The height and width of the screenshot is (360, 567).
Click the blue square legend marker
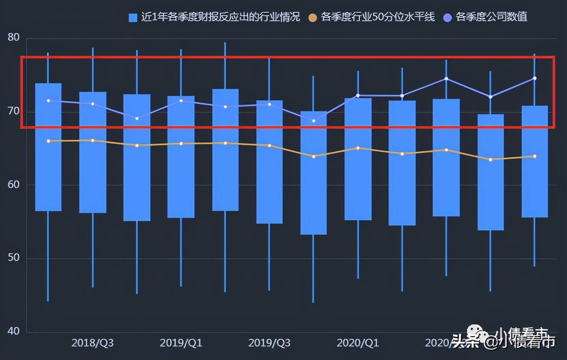133,17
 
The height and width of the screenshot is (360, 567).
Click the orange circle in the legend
313,17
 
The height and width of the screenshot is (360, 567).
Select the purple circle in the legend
447,17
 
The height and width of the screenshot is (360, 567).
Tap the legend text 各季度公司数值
491,17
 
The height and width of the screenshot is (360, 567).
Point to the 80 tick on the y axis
14,37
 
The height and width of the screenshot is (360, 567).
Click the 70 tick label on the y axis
14,111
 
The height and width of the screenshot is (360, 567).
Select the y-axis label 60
14,185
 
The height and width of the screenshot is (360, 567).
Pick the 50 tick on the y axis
14,258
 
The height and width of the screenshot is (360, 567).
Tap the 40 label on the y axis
14,331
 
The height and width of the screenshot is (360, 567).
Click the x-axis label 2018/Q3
92,343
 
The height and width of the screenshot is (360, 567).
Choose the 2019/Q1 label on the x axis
181,343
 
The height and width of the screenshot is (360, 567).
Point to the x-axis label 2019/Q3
270,343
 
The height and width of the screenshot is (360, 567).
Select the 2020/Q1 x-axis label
358,343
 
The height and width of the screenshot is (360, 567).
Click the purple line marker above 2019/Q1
181,101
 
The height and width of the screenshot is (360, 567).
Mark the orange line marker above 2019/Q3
270,145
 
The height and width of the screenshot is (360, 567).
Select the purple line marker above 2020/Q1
358,95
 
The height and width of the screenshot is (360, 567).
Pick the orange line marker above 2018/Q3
93,140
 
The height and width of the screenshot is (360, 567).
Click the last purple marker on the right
535,78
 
